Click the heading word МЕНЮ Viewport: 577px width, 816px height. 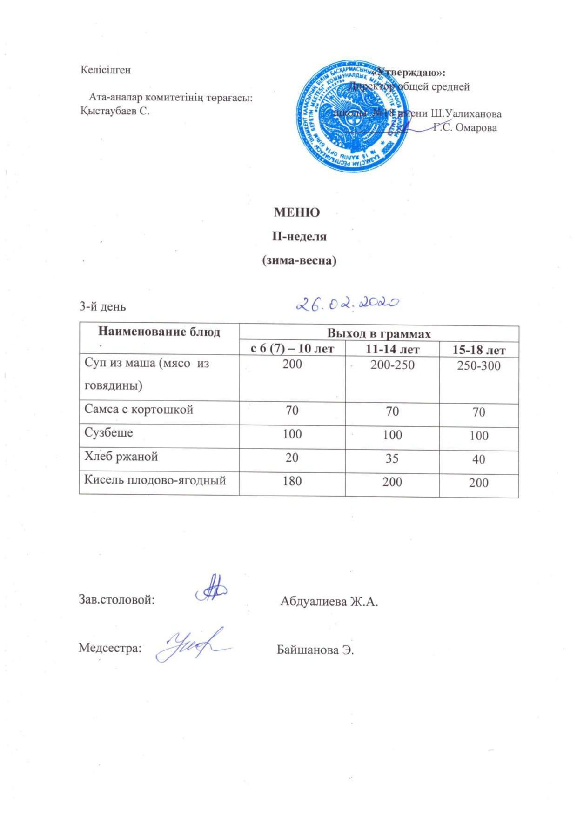coord(297,212)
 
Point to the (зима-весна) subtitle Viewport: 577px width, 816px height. coord(298,260)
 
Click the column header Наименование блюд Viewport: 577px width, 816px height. coord(159,332)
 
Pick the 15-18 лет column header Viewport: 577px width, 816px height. coord(479,349)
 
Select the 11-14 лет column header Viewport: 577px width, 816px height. coord(392,349)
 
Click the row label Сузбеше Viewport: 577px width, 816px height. coord(108,432)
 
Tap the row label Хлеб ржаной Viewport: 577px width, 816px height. coord(121,456)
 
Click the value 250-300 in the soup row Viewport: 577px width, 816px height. coord(478,365)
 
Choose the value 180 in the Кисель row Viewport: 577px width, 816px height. coord(292,481)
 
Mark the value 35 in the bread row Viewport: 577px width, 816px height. coord(392,458)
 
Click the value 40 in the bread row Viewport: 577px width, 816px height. coord(478,459)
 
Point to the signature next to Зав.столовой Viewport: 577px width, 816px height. coord(211,590)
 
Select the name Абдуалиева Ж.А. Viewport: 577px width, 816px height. coord(329,602)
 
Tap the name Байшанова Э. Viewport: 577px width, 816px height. coord(315,650)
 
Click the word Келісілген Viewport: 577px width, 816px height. coord(106,70)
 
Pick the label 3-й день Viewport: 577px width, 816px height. coord(103,306)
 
